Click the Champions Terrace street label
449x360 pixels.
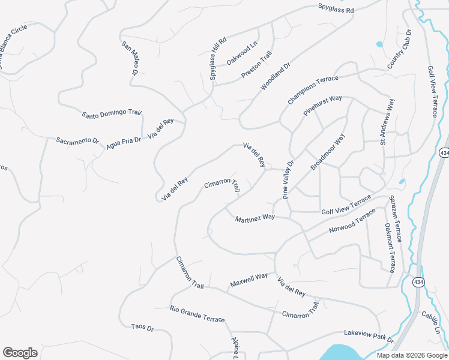313,91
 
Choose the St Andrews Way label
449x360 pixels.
387,122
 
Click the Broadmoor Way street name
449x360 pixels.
328,152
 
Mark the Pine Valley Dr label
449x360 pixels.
289,179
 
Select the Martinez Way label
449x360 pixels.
255,217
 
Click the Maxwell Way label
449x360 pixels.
249,280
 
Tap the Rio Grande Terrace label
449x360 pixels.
196,313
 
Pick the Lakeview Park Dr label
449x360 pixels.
369,335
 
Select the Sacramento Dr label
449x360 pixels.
77,141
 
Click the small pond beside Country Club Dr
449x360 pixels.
379,44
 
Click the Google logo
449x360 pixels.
20,352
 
